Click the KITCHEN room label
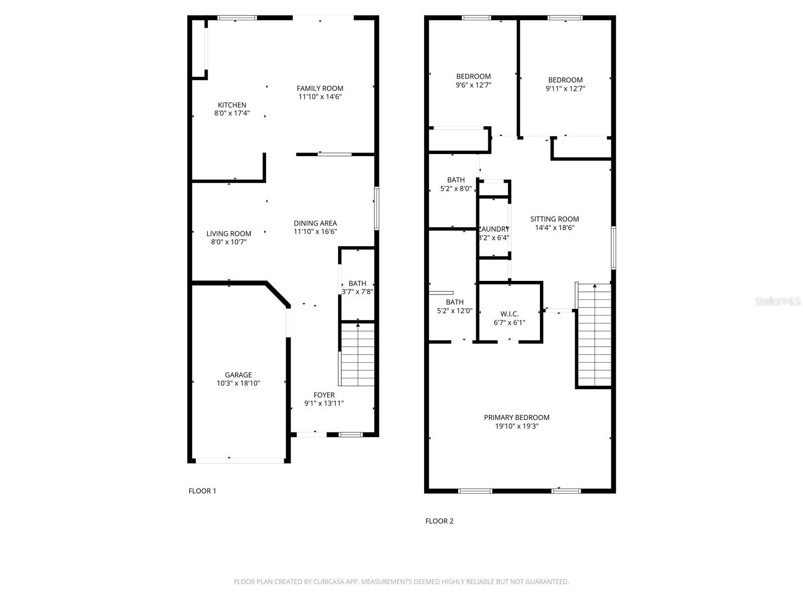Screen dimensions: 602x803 (232, 105)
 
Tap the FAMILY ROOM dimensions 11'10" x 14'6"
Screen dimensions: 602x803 (320, 97)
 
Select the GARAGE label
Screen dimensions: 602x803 (238, 375)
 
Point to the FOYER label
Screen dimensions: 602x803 (324, 395)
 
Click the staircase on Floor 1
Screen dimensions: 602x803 (357, 354)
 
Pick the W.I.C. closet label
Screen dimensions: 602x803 (509, 314)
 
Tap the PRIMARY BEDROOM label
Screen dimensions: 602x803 (516, 417)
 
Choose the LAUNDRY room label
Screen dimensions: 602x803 (494, 229)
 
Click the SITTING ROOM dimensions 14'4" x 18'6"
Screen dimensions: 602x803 (555, 228)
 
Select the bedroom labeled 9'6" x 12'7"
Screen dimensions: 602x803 (473, 81)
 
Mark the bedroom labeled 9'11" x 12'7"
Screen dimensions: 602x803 (565, 84)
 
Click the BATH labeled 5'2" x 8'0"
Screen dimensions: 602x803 (456, 184)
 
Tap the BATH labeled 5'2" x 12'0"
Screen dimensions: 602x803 (455, 306)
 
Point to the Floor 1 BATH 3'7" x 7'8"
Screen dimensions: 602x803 (357, 287)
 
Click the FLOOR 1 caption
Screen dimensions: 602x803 (202, 491)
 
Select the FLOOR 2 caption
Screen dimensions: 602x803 (439, 521)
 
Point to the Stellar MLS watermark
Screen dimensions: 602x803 (778, 302)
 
